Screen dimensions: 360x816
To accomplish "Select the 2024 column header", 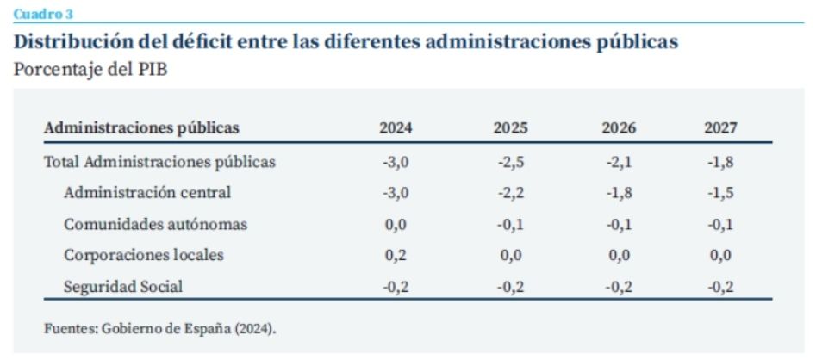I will (396, 128).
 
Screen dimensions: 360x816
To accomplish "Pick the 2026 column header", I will (619, 128).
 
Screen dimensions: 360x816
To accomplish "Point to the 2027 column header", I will (720, 128).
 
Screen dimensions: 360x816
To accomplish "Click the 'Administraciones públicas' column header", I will (141, 128).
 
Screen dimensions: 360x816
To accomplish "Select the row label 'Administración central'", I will (147, 192).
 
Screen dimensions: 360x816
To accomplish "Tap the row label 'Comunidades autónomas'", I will (156, 224).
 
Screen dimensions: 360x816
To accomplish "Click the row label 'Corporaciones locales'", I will (144, 256).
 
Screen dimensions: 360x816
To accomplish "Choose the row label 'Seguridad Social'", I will (123, 287).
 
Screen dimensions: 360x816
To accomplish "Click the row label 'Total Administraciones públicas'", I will (159, 161).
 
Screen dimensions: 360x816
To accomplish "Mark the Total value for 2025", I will (510, 161).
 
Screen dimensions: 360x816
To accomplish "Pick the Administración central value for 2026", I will (619, 192).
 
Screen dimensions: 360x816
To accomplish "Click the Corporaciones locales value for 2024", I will (396, 256).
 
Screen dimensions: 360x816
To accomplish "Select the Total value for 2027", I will (720, 161).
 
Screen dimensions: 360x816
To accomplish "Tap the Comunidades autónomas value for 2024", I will (396, 224).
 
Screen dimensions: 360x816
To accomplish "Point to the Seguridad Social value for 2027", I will (720, 287).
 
